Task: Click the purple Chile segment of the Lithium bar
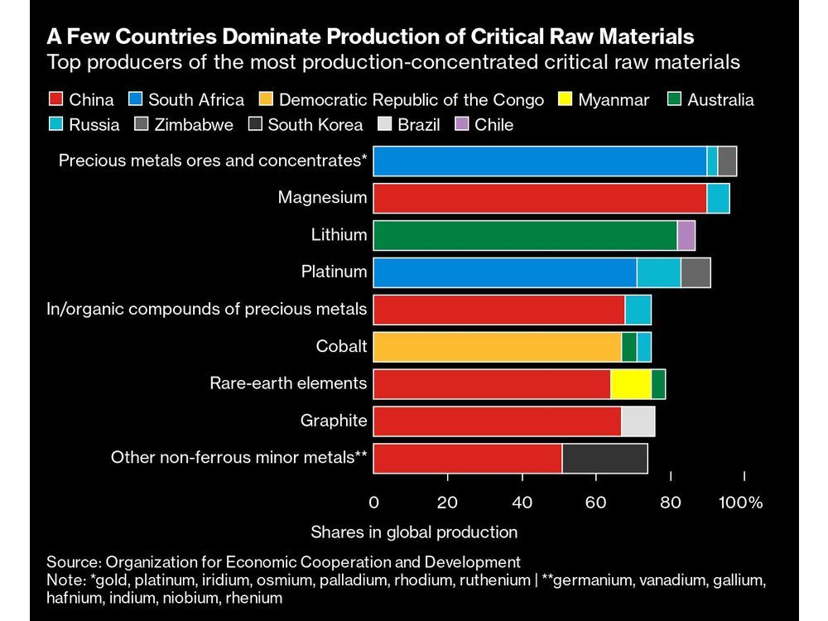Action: click(686, 235)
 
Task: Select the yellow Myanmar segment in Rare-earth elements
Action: click(631, 384)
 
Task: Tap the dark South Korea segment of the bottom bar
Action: click(604, 458)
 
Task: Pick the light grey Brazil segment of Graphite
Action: click(638, 421)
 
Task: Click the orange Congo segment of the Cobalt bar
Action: click(497, 347)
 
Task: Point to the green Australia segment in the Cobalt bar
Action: click(629, 347)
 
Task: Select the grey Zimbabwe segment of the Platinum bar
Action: click(696, 272)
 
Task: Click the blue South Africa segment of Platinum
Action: click(505, 272)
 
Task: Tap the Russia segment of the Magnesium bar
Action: click(719, 199)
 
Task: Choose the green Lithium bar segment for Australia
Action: click(525, 235)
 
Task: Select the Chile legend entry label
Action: click(494, 125)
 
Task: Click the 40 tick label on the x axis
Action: click(522, 503)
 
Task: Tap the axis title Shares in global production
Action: click(414, 532)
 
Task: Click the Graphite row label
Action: click(334, 421)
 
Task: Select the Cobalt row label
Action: click(341, 347)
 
